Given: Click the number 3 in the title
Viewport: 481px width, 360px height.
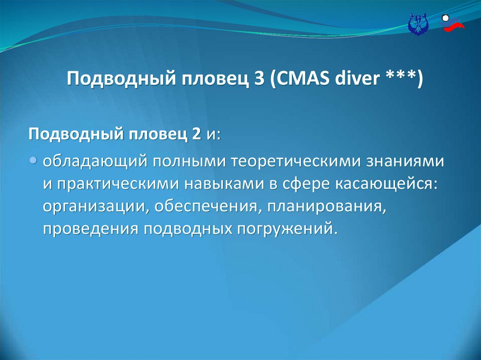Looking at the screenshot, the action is coord(259,78).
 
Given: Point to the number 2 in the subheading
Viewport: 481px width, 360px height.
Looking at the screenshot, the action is coord(196,134).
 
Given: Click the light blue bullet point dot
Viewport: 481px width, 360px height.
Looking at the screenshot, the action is coord(33,160).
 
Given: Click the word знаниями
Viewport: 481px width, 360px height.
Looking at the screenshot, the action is coord(405,161).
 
